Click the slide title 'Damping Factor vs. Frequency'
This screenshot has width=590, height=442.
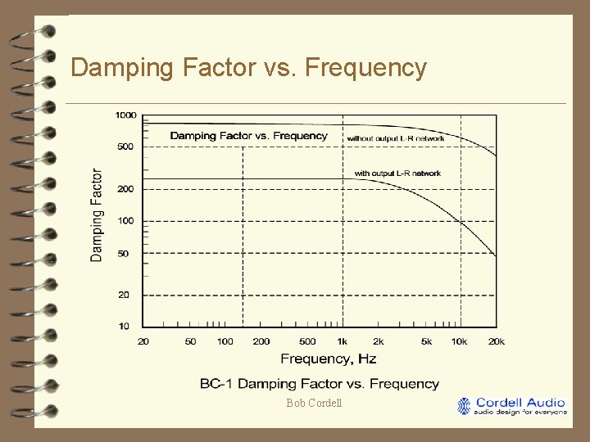[248, 67]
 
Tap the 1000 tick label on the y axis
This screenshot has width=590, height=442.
[125, 115]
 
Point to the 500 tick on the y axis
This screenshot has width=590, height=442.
[125, 147]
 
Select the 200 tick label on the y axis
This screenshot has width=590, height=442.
[125, 189]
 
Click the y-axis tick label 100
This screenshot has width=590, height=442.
[125, 221]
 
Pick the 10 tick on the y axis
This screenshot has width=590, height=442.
[124, 327]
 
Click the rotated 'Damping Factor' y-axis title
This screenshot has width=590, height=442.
[97, 215]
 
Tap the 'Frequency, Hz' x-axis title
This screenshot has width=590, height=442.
[328, 359]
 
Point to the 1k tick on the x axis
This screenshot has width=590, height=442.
[343, 341]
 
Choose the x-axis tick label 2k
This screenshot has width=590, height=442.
[379, 341]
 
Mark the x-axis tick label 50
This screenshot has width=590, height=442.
[190, 341]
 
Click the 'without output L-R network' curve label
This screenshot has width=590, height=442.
[396, 138]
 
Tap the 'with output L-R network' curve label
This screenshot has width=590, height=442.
[397, 174]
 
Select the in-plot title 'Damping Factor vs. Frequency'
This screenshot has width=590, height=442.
[248, 136]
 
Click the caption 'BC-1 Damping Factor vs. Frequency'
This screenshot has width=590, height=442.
[320, 384]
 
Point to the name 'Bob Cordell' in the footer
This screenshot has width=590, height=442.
[314, 403]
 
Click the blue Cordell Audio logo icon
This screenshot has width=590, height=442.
[465, 406]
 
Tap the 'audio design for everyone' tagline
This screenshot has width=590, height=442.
[520, 413]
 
